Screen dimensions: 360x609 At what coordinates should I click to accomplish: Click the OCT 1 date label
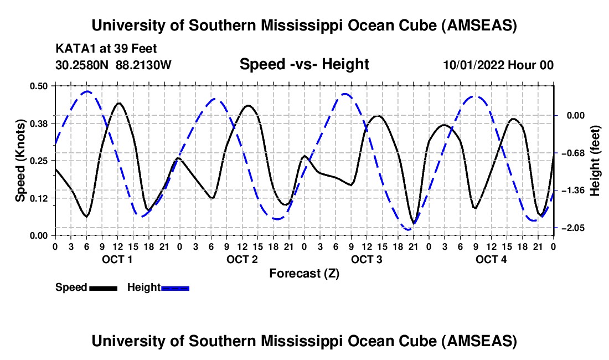pyautogui.click(x=117, y=260)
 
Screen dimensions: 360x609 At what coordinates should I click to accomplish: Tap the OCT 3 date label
pyautogui.click(x=366, y=260)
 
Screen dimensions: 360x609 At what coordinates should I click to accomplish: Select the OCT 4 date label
pyautogui.click(x=491, y=260)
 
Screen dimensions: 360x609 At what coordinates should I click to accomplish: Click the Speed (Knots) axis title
pyautogui.click(x=20, y=160)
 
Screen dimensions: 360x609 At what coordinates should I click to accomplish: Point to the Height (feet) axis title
pyautogui.click(x=596, y=160)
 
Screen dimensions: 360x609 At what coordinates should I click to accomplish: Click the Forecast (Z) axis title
pyautogui.click(x=304, y=273)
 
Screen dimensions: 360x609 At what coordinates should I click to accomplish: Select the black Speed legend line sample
pyautogui.click(x=103, y=287)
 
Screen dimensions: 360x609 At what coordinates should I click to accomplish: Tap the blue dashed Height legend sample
pyautogui.click(x=175, y=287)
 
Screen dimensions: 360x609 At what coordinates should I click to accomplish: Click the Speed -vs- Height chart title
pyautogui.click(x=304, y=64)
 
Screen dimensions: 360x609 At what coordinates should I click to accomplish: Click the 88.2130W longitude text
pyautogui.click(x=144, y=65)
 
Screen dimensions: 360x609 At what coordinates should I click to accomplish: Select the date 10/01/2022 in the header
pyautogui.click(x=473, y=65)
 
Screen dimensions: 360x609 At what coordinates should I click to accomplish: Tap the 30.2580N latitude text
pyautogui.click(x=82, y=65)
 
